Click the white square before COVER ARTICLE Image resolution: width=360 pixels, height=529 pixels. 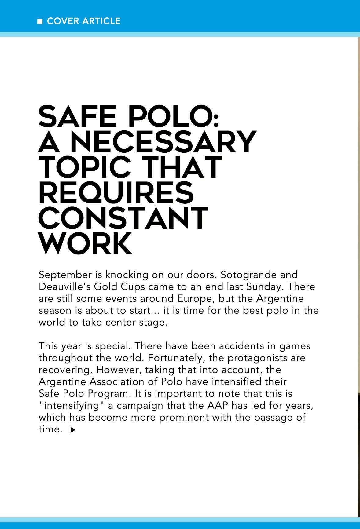tap(40, 21)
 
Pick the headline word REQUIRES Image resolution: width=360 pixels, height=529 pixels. tap(116, 193)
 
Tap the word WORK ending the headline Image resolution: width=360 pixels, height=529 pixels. tap(86, 244)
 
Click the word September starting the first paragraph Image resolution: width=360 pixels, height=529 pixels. tap(65, 275)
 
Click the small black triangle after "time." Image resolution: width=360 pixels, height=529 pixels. tap(73, 430)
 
